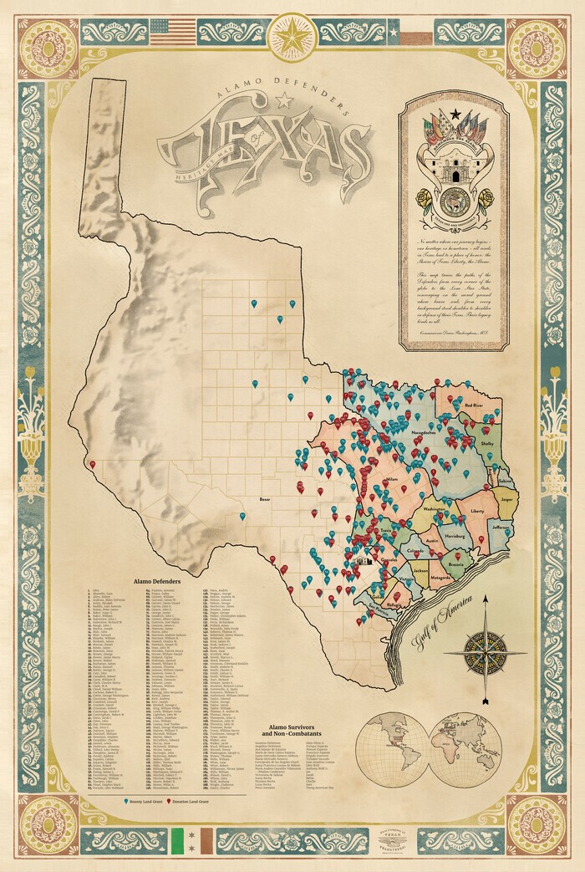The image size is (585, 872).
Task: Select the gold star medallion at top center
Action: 292,36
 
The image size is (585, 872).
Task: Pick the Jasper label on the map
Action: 505,498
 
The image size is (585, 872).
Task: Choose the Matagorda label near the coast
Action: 440,576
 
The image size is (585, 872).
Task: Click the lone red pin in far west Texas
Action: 92,464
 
